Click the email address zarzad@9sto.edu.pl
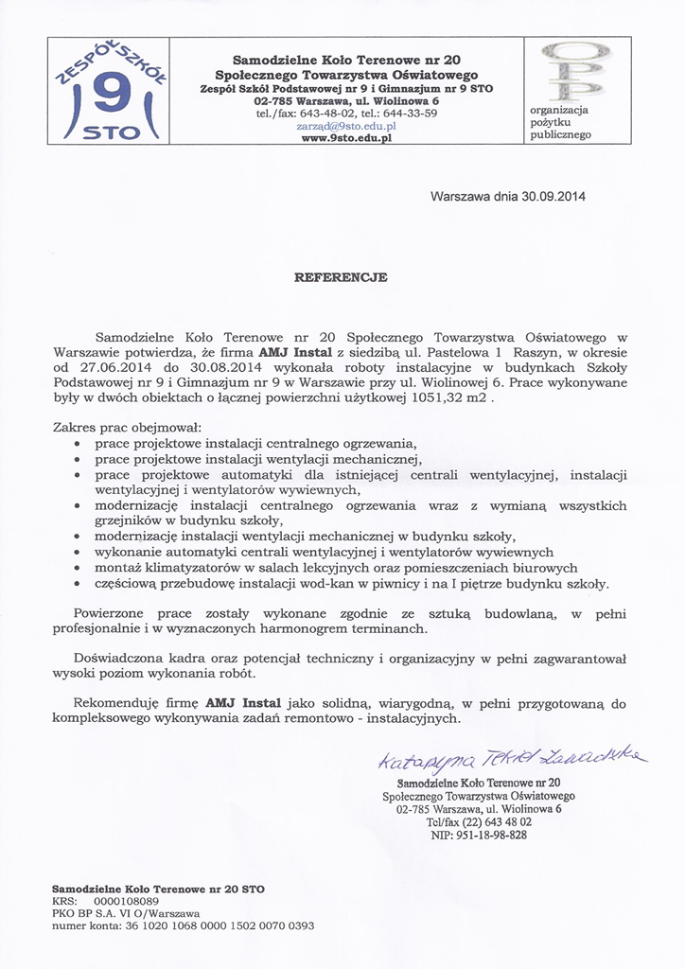(x=346, y=125)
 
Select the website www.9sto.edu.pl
(x=346, y=137)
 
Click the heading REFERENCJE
(x=342, y=277)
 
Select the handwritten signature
(x=512, y=758)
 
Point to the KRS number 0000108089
(x=126, y=902)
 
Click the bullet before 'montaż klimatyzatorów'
(x=78, y=569)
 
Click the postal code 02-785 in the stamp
(x=416, y=809)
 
